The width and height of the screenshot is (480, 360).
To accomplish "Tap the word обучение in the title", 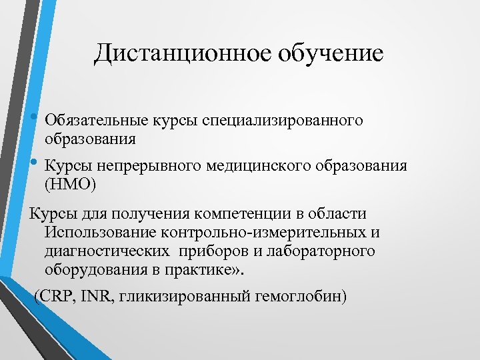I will [x=335, y=53].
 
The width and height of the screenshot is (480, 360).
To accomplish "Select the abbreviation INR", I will [x=96, y=296].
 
